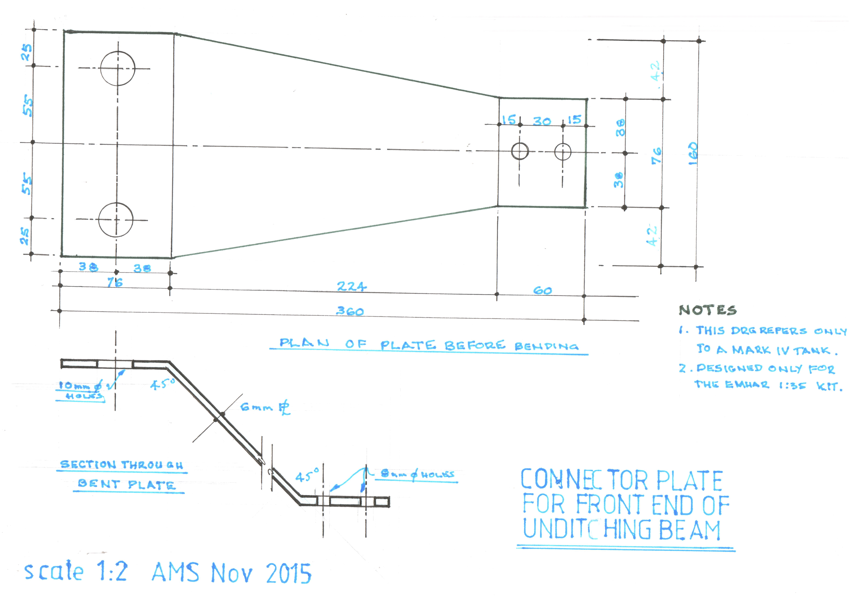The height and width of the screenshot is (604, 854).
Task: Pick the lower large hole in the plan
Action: coord(116,220)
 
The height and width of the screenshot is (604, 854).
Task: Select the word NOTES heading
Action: coord(707,310)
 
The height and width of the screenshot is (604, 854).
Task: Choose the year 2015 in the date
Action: coord(289,573)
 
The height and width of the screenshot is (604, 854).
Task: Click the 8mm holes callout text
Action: coord(417,474)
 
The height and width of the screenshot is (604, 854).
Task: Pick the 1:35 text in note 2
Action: coord(793,386)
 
